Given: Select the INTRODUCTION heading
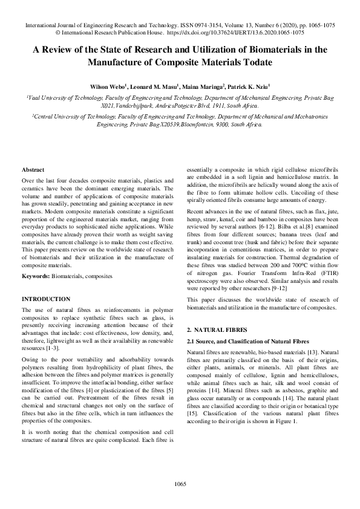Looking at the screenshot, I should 46,299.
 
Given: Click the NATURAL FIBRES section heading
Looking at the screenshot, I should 218,331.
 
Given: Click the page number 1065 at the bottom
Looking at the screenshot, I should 180,483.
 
